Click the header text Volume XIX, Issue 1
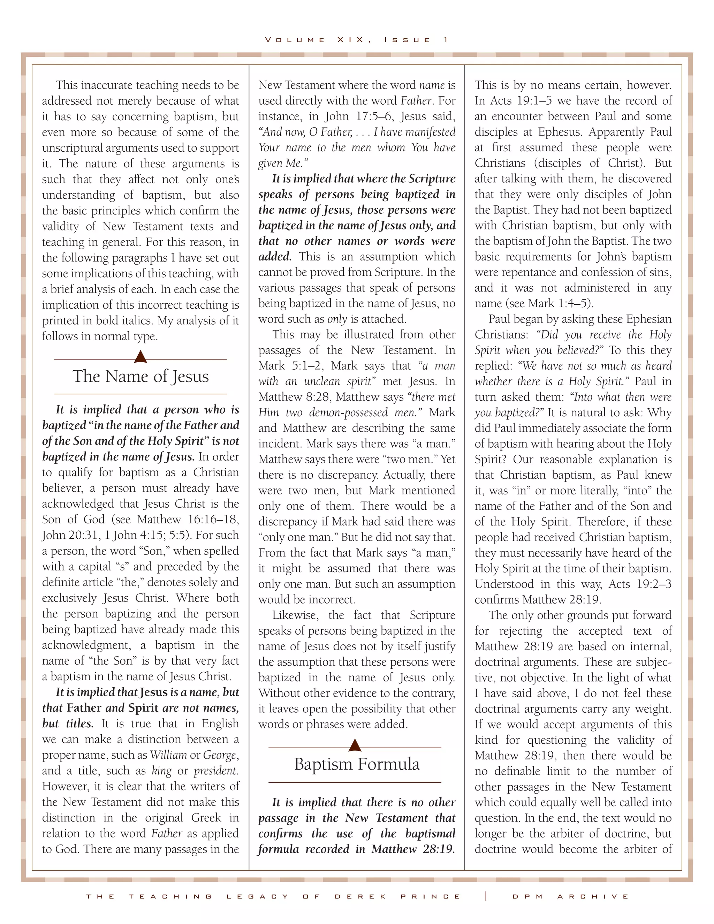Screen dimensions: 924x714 point(357,40)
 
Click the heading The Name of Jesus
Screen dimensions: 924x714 point(140,376)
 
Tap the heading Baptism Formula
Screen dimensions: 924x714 point(357,764)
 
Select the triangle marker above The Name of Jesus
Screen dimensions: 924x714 point(140,357)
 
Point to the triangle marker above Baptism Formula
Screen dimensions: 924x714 point(355,745)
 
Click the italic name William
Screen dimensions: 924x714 point(168,755)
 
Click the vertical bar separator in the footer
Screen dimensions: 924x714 point(486,896)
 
